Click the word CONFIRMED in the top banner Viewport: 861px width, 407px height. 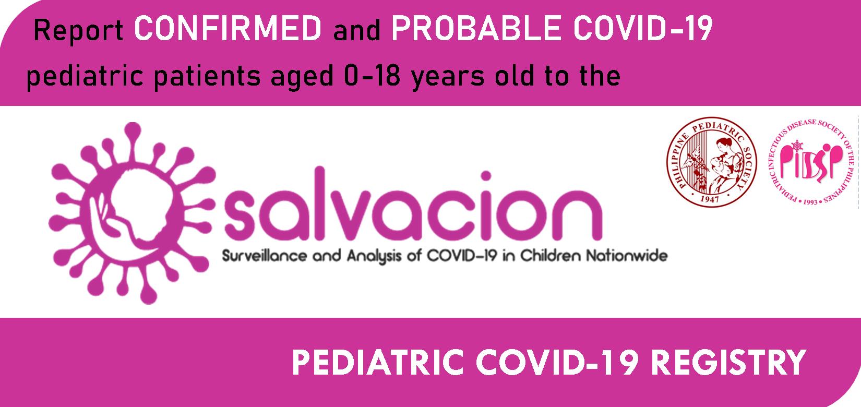click(228, 29)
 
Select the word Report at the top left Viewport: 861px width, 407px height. click(78, 31)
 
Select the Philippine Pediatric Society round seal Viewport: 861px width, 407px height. click(711, 162)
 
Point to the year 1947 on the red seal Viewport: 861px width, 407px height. click(710, 199)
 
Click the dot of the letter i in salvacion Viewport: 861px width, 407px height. click(486, 176)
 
